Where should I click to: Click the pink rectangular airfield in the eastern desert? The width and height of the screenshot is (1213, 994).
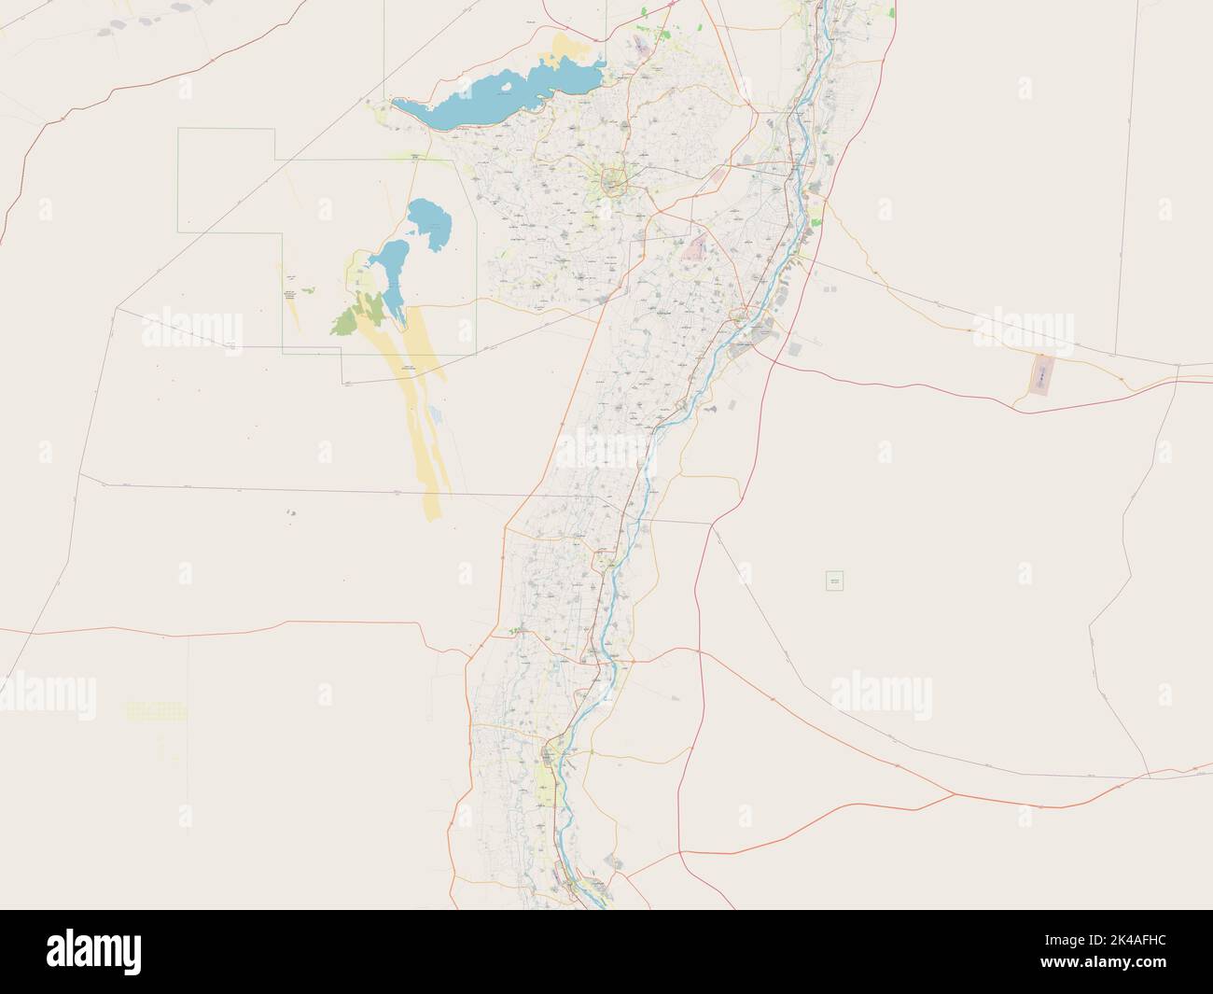click(x=1039, y=374)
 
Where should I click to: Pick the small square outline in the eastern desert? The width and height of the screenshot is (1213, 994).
click(x=834, y=581)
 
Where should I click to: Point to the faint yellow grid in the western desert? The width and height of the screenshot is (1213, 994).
click(x=156, y=711)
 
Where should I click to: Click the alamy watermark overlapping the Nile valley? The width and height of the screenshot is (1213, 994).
click(x=606, y=447)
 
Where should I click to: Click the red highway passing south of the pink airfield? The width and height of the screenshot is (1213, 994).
click(x=933, y=393)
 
